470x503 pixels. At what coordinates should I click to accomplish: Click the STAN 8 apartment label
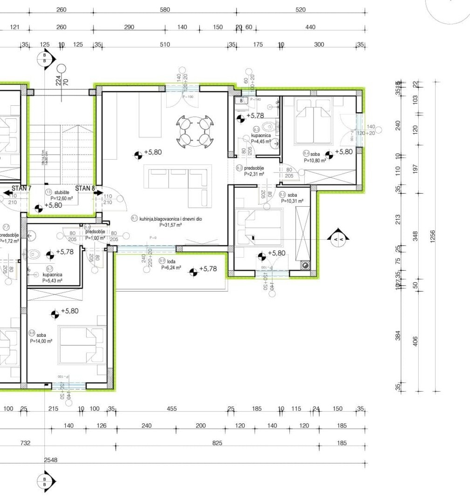click(85, 188)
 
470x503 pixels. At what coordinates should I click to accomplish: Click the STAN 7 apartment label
click(21, 188)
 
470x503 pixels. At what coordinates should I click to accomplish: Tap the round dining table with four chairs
click(195, 131)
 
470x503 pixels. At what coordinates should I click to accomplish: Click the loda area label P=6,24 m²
click(170, 268)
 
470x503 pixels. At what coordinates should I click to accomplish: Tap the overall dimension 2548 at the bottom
click(51, 460)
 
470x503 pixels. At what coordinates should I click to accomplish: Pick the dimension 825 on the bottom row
click(217, 443)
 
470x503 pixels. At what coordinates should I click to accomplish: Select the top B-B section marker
click(45, 60)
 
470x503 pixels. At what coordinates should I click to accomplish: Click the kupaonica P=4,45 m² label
click(260, 138)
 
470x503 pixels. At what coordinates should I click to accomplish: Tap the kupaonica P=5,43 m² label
click(52, 278)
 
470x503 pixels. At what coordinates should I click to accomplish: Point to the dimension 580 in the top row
click(165, 10)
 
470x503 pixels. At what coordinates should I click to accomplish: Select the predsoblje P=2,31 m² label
click(253, 171)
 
